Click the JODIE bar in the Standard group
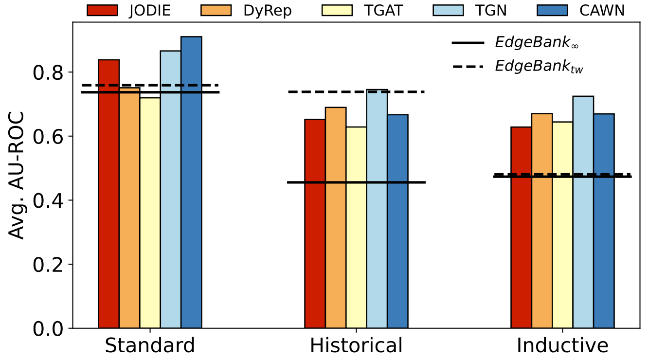(109, 195)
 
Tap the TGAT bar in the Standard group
(150, 214)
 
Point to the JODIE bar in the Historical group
(315, 224)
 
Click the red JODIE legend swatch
(102, 10)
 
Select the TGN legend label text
(496, 10)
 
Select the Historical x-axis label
(356, 345)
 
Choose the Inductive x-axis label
(562, 345)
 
